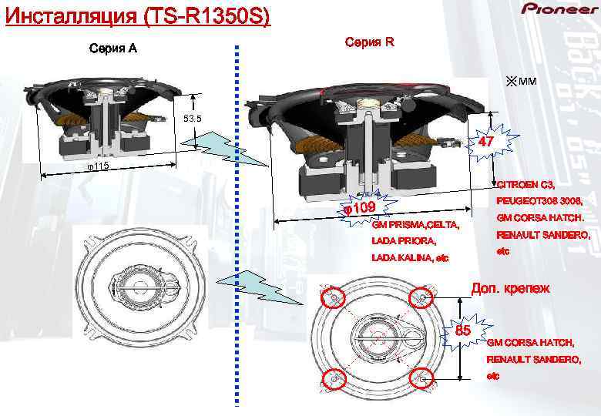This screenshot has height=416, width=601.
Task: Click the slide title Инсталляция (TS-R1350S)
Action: (x=137, y=15)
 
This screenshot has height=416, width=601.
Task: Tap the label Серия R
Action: (x=370, y=42)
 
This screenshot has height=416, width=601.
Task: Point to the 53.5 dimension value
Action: (x=192, y=119)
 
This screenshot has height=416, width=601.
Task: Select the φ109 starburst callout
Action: (x=358, y=209)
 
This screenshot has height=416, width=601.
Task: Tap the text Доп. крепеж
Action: (x=510, y=289)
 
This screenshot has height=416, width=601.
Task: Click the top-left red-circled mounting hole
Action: (x=334, y=297)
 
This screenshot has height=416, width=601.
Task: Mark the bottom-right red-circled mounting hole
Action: (x=422, y=378)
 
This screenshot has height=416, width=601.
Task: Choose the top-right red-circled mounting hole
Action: (x=421, y=297)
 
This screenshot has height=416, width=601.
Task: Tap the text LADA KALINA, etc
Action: (x=409, y=257)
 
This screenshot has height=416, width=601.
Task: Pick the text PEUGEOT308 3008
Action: (x=538, y=201)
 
